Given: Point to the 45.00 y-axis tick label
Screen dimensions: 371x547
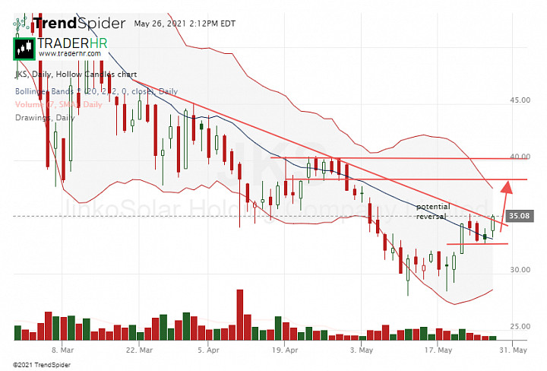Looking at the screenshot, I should (520, 100).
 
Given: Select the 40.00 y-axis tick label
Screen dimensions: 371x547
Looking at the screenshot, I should (520, 157).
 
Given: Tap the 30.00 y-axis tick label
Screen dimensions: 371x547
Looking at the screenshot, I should (520, 270).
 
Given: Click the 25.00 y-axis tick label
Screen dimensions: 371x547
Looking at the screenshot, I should (520, 326).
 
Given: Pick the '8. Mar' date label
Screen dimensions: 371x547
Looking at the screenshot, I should (62, 351).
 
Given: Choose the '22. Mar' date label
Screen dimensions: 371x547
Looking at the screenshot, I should (140, 351).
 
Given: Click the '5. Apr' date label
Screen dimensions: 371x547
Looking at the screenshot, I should (208, 351).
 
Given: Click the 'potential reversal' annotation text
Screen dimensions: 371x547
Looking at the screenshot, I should (433, 211).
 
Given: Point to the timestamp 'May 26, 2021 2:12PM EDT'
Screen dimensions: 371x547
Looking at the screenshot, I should (185, 23).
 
